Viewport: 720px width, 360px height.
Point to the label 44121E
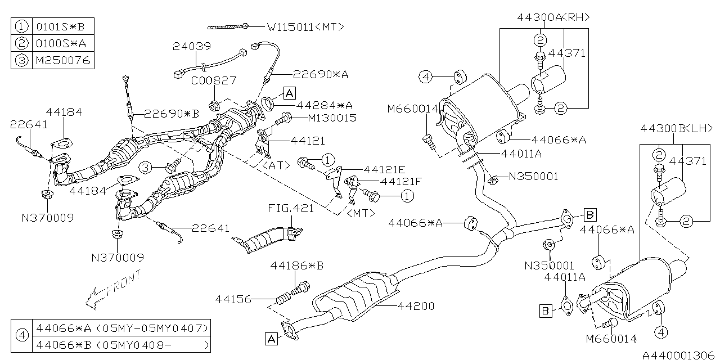(x=385, y=169)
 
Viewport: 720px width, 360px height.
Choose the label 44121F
(x=401, y=182)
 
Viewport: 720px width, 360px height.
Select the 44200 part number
(x=416, y=307)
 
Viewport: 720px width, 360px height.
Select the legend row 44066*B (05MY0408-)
(x=121, y=344)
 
